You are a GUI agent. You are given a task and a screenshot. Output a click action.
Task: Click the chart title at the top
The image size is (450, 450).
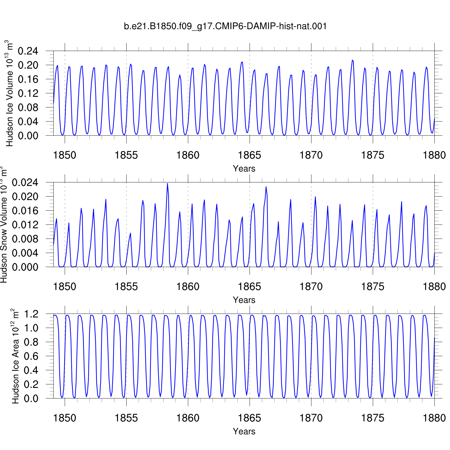(x=225, y=26)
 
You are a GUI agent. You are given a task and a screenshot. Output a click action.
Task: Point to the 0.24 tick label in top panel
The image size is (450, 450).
(x=28, y=51)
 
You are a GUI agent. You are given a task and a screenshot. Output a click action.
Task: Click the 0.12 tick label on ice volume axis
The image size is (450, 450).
(x=28, y=93)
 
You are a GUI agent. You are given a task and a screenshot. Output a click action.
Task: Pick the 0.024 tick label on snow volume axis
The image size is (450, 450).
(x=25, y=182)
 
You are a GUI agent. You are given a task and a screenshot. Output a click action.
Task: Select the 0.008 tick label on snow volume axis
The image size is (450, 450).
(x=25, y=239)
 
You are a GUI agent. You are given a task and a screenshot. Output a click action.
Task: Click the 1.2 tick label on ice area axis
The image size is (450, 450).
(x=31, y=314)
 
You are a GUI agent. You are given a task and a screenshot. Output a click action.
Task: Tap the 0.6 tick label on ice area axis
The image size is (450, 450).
(x=31, y=356)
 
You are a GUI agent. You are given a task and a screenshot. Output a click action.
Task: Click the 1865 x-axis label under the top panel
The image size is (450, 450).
(x=250, y=155)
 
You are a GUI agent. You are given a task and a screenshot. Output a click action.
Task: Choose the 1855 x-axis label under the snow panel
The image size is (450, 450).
(x=126, y=286)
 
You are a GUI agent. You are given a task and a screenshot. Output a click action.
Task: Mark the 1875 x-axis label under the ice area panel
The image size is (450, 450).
(x=373, y=418)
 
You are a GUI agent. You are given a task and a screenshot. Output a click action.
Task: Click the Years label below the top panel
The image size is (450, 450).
(x=244, y=169)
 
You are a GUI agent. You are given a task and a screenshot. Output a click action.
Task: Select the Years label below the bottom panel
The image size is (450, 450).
(x=244, y=431)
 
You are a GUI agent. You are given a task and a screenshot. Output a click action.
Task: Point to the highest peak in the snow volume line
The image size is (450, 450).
(x=167, y=183)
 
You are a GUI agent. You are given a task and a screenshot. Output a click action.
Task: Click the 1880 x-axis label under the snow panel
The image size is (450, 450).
(x=434, y=286)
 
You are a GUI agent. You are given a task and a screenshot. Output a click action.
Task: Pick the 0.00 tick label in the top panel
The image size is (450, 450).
(x=28, y=136)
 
